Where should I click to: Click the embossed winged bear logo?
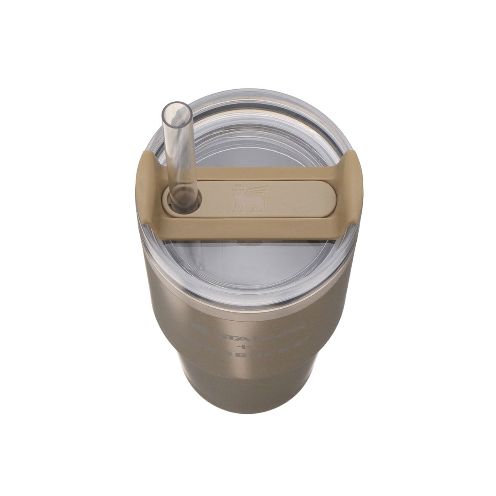[x=244, y=196]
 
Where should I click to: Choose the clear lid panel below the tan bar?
[x=248, y=265]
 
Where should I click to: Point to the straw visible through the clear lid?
[x=194, y=256]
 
